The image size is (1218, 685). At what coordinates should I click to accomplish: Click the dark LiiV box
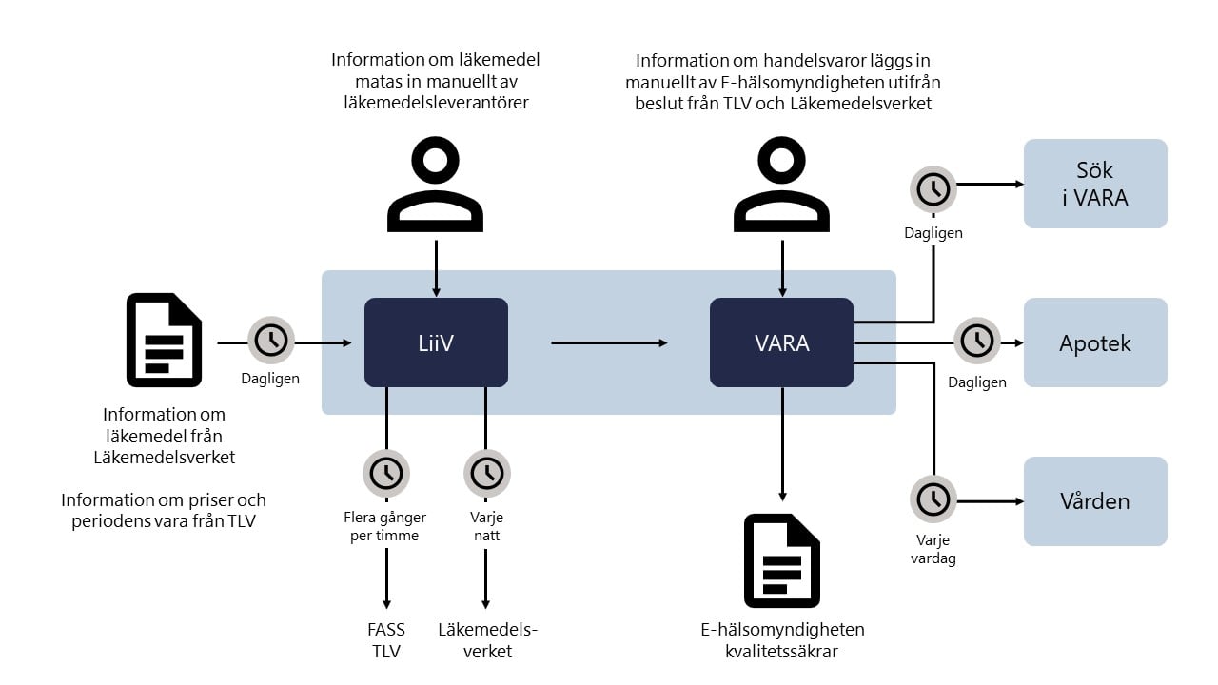pos(436,342)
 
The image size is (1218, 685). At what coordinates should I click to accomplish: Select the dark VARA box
pos(781,342)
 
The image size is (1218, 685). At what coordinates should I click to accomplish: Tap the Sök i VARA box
pos(1095,184)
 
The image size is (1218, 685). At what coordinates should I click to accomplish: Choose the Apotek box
pos(1095,342)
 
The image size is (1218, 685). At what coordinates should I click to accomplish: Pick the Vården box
pos(1095,501)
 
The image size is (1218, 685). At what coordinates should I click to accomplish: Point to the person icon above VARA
pos(781,181)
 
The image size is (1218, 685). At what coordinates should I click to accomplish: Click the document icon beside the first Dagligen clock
pos(164,340)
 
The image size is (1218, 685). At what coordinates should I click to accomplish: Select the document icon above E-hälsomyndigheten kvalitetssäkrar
pos(781,560)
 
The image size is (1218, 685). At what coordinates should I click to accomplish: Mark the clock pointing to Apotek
pos(977,341)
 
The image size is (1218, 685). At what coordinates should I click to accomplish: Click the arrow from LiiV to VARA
pos(609,342)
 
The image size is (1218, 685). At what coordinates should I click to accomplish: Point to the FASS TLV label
pos(385,640)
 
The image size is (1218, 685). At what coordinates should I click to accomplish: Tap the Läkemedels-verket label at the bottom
pos(487,640)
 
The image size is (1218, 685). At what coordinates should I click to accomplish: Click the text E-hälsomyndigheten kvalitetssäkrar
pos(781,640)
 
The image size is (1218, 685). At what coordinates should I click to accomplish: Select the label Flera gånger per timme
pos(385,526)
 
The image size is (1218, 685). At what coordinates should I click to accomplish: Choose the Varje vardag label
pos(933,549)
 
